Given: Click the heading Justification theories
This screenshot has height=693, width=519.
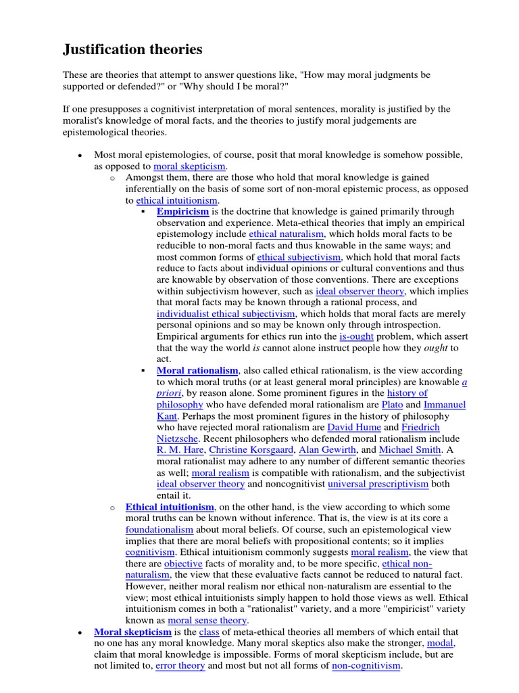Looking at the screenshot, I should click(132, 49).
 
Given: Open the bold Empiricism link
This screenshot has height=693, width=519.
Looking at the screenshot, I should click(182, 211).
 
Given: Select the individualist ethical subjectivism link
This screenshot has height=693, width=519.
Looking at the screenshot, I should click(226, 314).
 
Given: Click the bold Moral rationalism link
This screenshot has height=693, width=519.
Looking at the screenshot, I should click(197, 371).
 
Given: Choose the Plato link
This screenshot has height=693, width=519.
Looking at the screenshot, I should click(393, 405).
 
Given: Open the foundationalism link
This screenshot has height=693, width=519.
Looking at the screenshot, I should click(159, 530).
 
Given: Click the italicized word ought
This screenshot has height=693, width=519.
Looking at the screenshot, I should click(436, 348).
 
